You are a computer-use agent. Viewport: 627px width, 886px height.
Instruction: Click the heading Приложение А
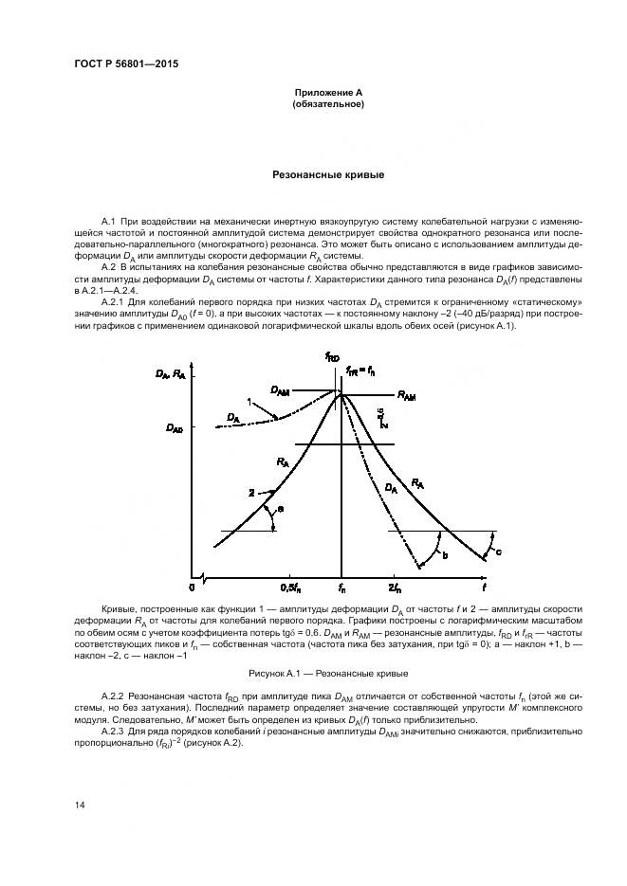point(327,93)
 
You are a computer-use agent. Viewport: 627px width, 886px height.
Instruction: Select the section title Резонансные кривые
point(327,175)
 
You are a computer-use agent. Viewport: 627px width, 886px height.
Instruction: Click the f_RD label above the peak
point(332,357)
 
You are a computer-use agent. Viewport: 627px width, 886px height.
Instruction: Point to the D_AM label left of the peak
point(280,389)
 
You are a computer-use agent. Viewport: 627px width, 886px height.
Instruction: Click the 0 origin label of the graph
point(192,588)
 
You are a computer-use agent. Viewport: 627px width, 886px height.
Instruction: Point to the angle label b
point(445,555)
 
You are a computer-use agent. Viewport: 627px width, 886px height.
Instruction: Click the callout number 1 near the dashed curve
point(249,402)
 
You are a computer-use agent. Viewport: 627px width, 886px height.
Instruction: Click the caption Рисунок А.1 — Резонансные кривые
point(327,674)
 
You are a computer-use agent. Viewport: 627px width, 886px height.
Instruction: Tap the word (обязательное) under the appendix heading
point(327,103)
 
